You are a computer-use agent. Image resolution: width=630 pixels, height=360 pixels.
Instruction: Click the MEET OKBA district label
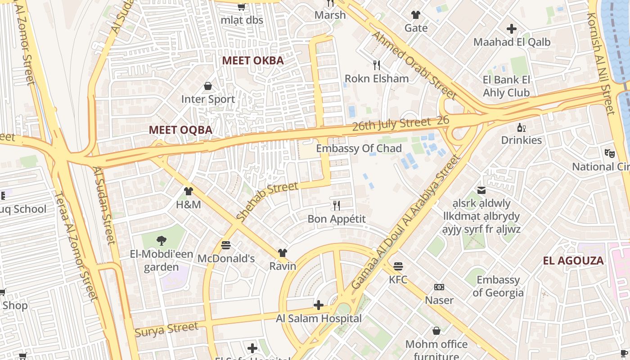click(253, 61)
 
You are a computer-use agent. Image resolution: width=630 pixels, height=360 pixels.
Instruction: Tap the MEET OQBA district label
click(180, 130)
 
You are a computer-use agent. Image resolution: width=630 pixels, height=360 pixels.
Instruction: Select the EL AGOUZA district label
click(573, 261)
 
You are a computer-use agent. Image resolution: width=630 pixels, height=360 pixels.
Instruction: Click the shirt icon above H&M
click(188, 191)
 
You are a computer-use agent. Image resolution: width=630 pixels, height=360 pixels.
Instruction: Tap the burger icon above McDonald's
click(226, 245)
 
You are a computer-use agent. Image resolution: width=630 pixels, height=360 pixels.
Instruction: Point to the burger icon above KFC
click(398, 266)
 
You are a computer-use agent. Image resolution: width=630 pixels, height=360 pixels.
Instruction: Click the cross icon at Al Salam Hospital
click(318, 305)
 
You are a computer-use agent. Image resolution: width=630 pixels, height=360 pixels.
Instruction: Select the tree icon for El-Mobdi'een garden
click(161, 241)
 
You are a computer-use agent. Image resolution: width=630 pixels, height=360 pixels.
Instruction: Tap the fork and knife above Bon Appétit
click(336, 206)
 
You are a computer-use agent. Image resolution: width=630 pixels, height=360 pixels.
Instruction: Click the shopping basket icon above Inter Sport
click(208, 85)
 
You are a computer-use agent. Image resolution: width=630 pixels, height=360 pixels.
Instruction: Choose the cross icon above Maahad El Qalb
click(511, 29)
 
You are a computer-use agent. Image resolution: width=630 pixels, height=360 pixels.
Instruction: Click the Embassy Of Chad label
click(359, 148)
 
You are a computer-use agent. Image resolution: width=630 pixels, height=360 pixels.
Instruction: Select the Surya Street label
click(166, 329)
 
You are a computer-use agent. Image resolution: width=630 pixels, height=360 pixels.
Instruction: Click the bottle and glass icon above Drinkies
click(522, 127)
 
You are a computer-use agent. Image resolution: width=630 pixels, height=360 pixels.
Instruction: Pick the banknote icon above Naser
click(439, 287)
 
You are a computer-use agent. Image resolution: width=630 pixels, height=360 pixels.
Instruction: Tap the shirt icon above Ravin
click(282, 253)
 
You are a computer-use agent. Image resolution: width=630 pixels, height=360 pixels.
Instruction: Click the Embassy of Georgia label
click(498, 286)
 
